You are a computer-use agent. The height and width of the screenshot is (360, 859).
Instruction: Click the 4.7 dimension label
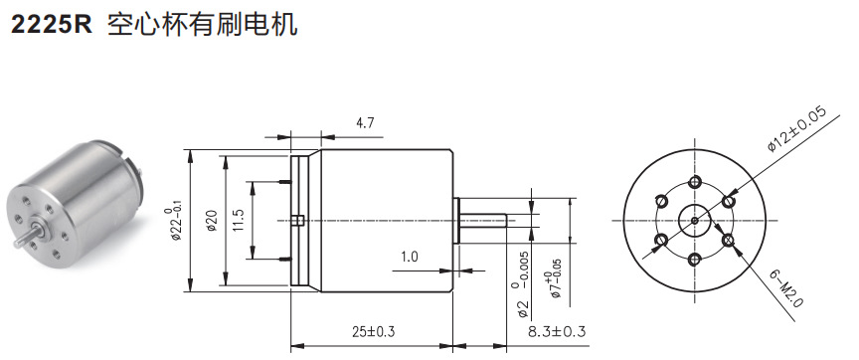click(364, 123)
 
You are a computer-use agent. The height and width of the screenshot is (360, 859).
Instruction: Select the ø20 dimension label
click(211, 220)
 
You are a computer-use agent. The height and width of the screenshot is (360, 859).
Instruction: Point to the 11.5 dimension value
click(239, 220)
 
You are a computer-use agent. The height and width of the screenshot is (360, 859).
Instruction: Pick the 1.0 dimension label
click(409, 257)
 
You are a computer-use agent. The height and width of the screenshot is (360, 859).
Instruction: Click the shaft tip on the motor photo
click(21, 242)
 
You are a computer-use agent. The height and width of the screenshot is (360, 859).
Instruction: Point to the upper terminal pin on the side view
click(287, 181)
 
